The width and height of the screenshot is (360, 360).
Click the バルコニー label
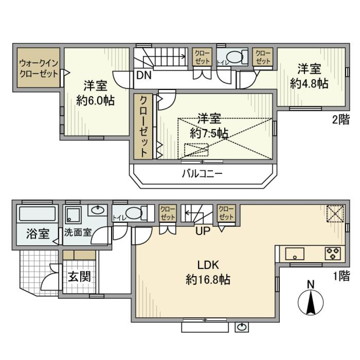(203, 174)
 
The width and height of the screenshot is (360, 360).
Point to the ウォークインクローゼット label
(39, 67)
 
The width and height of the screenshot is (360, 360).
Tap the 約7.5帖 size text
(209, 133)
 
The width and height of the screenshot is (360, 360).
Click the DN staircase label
(144, 75)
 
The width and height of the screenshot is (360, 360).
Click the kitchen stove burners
(332, 254)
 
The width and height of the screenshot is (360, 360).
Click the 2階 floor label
(340, 120)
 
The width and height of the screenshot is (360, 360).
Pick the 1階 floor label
(341, 277)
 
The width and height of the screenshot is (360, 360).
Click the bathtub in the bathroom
(37, 214)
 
